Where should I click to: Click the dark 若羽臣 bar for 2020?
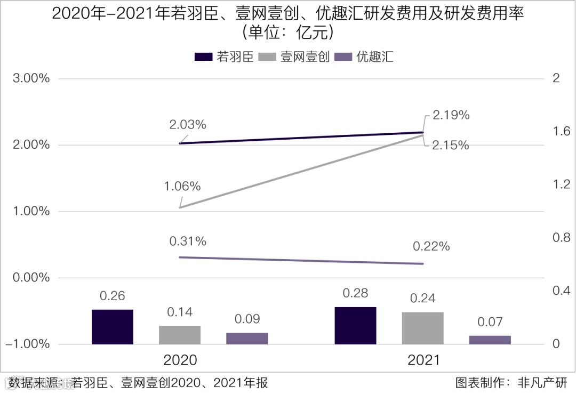coord(112,326)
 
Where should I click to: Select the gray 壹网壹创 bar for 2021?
coord(423,328)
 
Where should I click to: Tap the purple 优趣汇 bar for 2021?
coord(490,340)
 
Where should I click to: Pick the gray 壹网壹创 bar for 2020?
coord(180,335)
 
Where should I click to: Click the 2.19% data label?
coord(451,115)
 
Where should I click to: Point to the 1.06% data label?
coord(182,186)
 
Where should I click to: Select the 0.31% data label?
coord(188,242)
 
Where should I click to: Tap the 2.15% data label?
coord(451,145)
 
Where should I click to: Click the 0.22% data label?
coord(431,246)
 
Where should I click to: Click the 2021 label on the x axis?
coord(423,360)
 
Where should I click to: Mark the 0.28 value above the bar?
coord(355,293)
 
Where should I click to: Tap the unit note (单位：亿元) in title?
coord(288,33)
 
